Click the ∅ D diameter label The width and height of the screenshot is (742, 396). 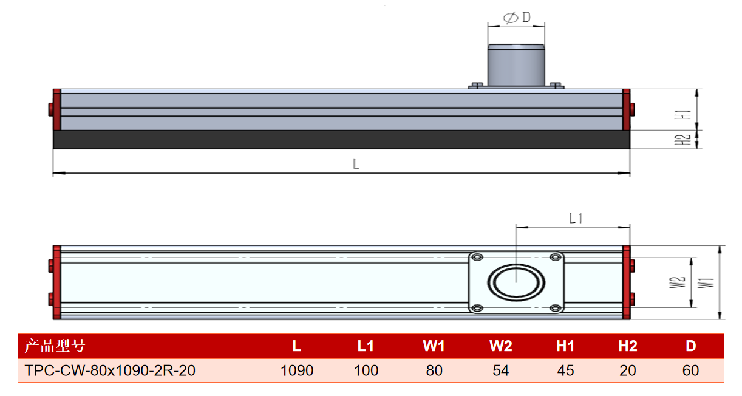pos(517,17)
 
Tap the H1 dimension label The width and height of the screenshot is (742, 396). pos(683,114)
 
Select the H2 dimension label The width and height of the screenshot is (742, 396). pos(683,140)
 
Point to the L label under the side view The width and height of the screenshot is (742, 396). pos(356,164)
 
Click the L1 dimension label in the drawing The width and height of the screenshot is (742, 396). pos(576,219)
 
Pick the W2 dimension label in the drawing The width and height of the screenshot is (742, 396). pos(677,282)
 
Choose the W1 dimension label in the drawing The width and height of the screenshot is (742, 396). pos(706,283)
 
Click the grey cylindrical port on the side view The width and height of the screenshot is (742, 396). pos(516,65)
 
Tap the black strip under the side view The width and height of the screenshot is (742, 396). pos(341,140)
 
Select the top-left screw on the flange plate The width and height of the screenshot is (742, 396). pos(477,257)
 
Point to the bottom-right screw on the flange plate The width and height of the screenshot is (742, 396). pos(556,308)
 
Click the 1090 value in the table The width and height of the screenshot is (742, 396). pos(297,370)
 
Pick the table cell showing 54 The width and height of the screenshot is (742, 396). pos(500,370)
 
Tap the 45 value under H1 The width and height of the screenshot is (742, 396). pos(565,370)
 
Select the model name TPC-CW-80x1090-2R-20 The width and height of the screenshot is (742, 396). pos(110,370)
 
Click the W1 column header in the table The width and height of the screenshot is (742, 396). pos(434,346)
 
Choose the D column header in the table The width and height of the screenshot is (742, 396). pos(691,346)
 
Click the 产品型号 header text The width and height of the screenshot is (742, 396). pos(55,346)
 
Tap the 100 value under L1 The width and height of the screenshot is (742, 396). pos(366,370)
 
